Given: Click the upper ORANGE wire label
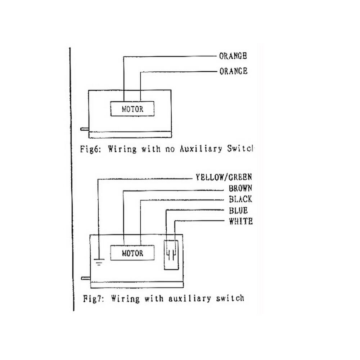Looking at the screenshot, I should [x=233, y=56].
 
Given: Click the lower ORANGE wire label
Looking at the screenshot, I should [x=233, y=71].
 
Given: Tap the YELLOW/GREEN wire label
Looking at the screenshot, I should [x=224, y=177].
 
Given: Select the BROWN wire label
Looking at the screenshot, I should [x=240, y=188].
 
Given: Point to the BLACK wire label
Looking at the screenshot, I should [x=240, y=199].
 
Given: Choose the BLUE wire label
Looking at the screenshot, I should [x=238, y=211].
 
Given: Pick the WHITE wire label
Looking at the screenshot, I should [x=240, y=221].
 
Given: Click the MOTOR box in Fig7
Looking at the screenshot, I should [x=132, y=253].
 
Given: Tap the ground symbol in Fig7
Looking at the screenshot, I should [x=99, y=262].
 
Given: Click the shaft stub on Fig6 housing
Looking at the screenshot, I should [x=85, y=129].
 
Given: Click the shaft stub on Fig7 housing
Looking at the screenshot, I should [x=86, y=278].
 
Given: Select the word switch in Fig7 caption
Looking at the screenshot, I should [x=229, y=298].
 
